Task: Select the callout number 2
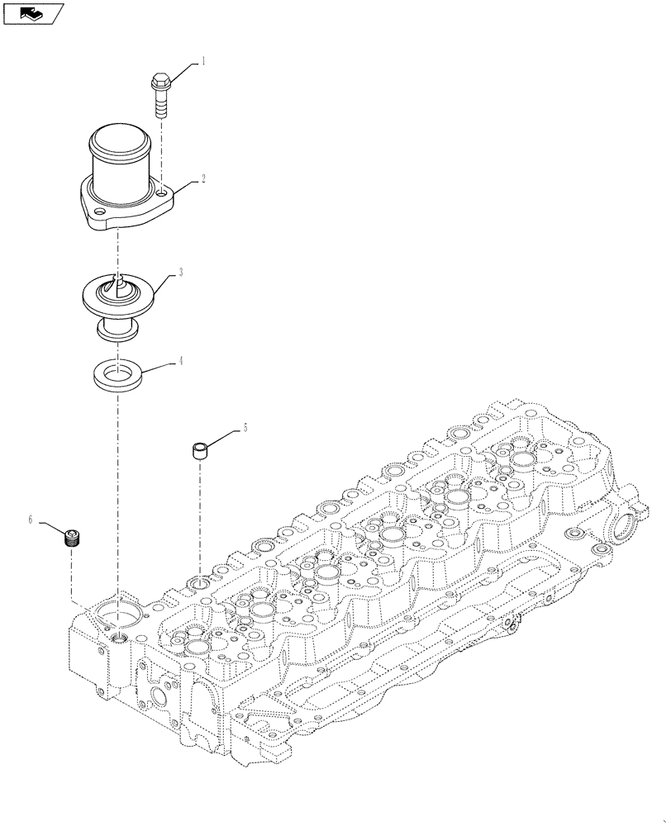tap(203, 177)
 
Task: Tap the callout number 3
tap(182, 272)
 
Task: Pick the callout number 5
tap(245, 428)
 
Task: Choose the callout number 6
tap(31, 520)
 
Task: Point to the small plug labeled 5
tap(199, 451)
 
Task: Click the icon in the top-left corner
tap(33, 12)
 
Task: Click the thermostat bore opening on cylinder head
tap(118, 615)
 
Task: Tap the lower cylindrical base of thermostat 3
tap(118, 330)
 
